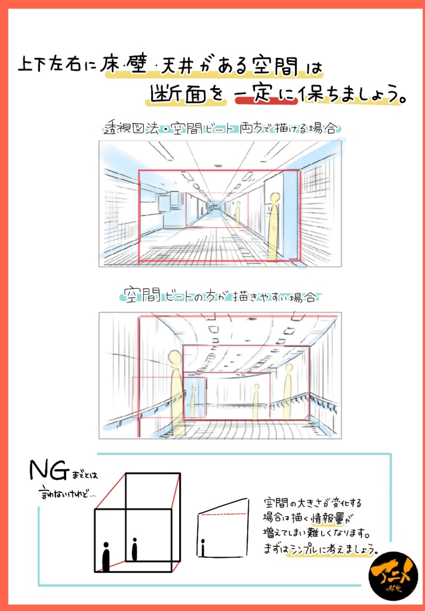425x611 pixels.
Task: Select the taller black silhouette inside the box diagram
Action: (106, 556)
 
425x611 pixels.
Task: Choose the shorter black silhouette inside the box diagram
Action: (134, 549)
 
